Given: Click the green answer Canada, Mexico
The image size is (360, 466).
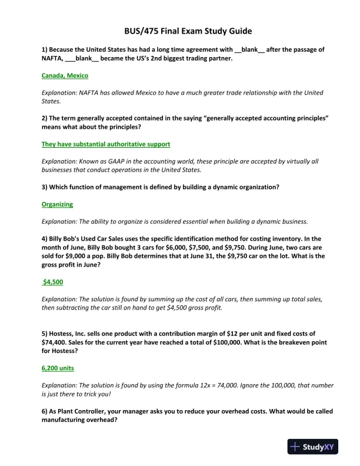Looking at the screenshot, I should tap(65, 76).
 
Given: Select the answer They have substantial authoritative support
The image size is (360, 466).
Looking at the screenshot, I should tap(106, 144).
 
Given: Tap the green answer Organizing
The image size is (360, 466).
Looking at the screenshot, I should tap(57, 204).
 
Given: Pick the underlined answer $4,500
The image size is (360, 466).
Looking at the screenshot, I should tap(53, 282).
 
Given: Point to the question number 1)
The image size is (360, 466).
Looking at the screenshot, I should tap(45, 50).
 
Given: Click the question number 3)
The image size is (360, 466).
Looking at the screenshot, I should tap(45, 187).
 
